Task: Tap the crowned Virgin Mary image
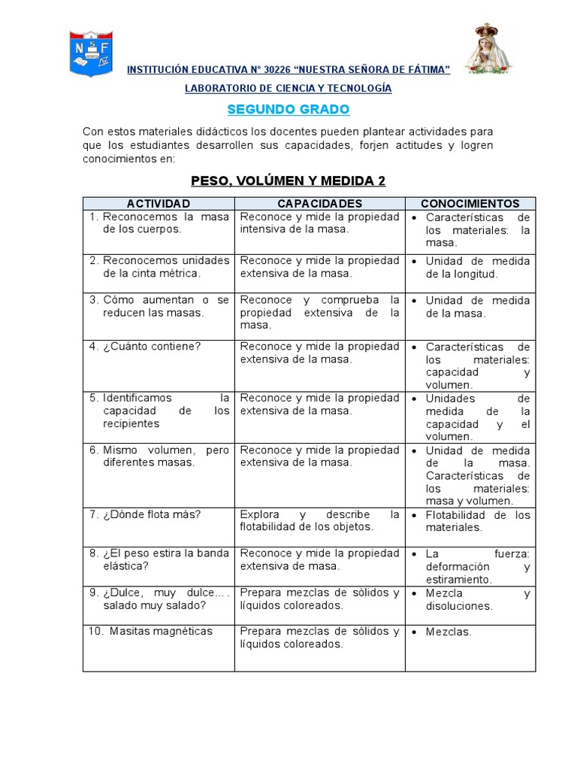click(488, 50)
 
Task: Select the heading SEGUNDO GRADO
click(288, 110)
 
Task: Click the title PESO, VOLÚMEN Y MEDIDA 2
click(288, 181)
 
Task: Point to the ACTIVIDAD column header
click(159, 204)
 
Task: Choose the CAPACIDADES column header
click(320, 204)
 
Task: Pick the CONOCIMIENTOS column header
click(470, 204)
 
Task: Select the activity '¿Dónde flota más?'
click(147, 515)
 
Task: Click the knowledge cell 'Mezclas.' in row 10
click(449, 632)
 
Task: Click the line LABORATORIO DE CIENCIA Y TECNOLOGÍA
click(288, 89)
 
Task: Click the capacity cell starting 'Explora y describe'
click(319, 521)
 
